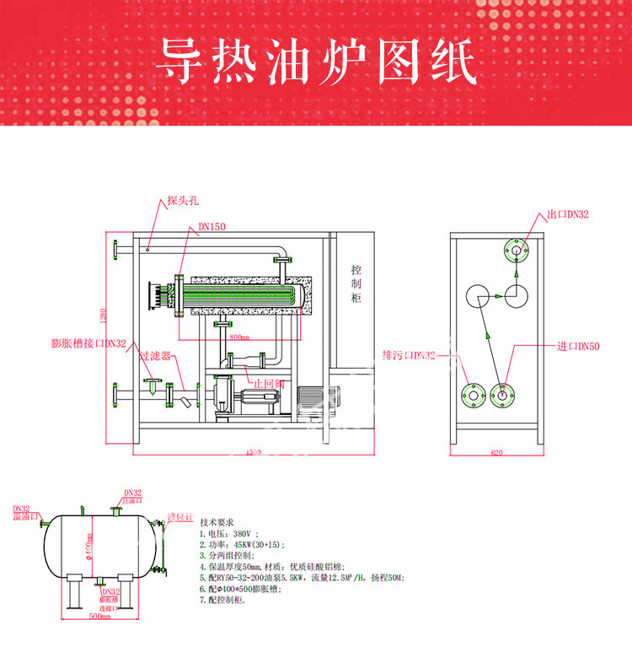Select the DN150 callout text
(x=212, y=226)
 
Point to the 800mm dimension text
(x=239, y=337)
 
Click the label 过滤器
(x=155, y=356)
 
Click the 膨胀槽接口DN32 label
(x=88, y=343)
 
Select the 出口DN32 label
(x=568, y=214)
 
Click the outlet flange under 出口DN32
(x=515, y=250)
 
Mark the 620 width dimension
(x=496, y=453)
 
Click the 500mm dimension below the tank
(x=99, y=617)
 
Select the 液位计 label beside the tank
(x=181, y=515)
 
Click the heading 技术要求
(x=222, y=522)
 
